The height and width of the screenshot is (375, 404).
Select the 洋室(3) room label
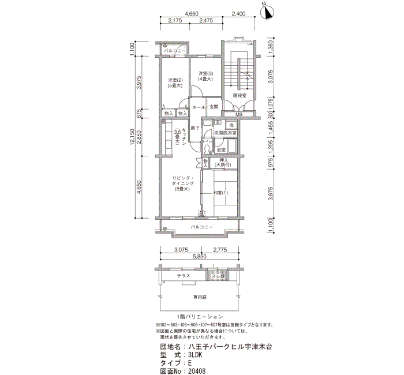(206, 76)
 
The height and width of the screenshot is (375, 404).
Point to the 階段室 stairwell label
(240, 95)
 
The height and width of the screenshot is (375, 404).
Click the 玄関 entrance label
(214, 107)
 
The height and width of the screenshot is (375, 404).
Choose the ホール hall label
(199, 107)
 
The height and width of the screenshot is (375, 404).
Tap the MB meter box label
(238, 115)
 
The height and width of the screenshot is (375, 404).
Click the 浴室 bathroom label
(221, 150)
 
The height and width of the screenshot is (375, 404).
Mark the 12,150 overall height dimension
(133, 138)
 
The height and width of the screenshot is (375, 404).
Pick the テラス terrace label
(184, 276)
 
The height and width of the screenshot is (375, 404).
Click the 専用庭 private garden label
(199, 298)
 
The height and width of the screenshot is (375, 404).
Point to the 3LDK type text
(196, 355)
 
